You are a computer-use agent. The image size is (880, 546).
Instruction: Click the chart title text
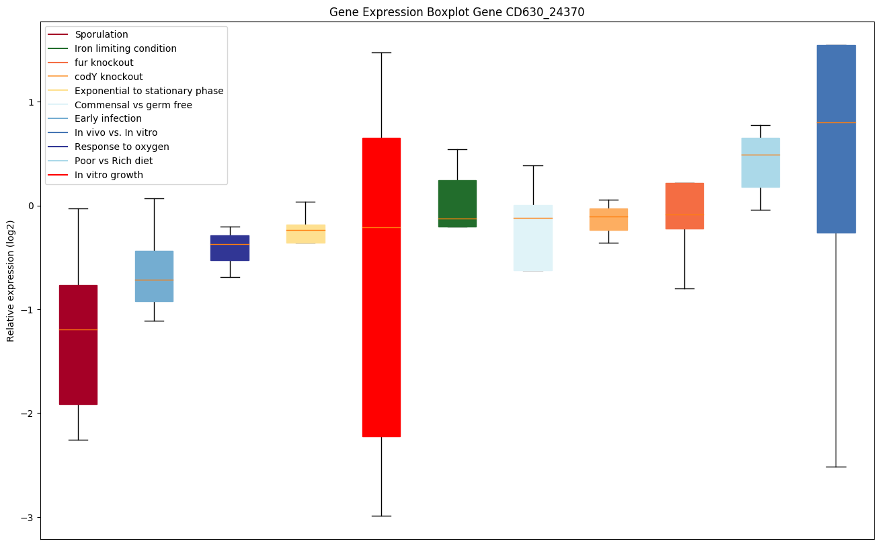452,12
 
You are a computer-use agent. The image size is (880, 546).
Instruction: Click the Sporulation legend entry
102,34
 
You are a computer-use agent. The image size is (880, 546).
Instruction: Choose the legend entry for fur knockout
104,63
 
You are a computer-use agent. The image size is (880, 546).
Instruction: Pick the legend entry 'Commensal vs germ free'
133,105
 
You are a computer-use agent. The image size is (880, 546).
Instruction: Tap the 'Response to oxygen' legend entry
122,147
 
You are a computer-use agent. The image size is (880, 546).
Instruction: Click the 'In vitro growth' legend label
109,175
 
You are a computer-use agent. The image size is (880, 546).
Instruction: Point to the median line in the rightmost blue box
836,122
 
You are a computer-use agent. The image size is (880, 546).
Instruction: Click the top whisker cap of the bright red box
381,52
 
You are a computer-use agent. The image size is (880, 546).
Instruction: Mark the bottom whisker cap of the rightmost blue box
836,467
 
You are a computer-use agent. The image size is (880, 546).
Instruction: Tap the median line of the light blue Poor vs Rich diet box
760,155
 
